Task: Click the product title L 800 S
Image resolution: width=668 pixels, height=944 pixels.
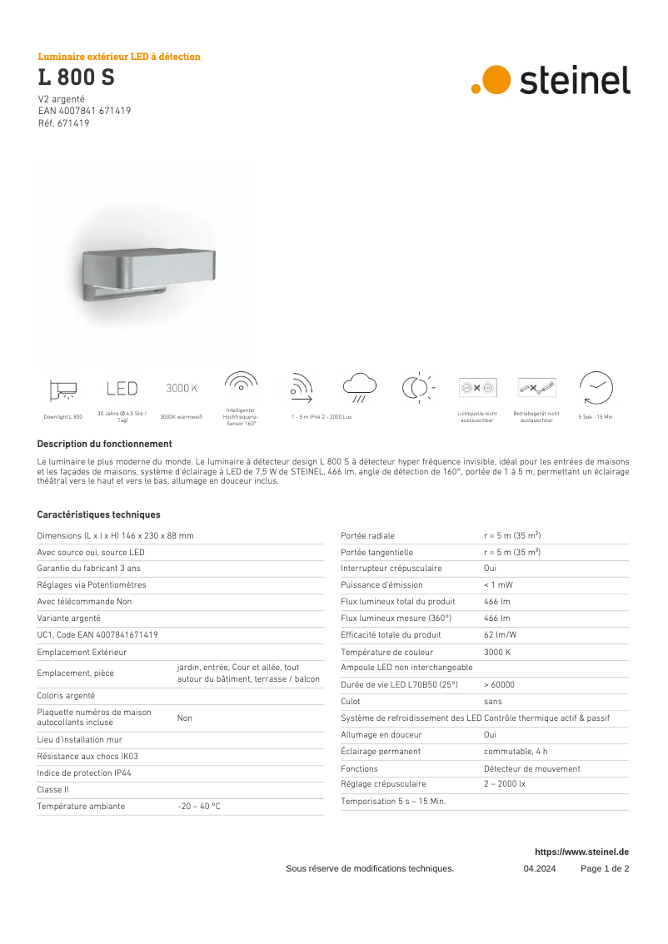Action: point(76,78)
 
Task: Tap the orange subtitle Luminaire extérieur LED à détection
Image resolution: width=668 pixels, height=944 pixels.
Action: point(119,57)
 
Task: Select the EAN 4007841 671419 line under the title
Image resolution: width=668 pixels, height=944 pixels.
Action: point(84,111)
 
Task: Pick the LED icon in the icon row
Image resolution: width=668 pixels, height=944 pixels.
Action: point(122,389)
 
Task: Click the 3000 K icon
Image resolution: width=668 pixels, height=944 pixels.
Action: point(182,389)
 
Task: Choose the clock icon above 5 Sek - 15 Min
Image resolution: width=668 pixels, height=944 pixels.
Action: point(596,388)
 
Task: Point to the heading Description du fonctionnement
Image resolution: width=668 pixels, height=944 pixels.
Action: point(104,445)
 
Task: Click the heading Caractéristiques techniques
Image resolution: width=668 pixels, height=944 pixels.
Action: point(98,515)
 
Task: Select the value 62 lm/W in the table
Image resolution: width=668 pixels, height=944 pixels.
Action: point(500,635)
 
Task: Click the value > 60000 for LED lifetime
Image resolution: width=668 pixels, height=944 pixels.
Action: point(499,685)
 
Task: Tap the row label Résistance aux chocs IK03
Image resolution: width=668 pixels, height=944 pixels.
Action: point(87,757)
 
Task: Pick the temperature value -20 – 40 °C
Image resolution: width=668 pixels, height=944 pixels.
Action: point(198,807)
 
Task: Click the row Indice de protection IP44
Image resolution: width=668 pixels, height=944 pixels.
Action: point(84,773)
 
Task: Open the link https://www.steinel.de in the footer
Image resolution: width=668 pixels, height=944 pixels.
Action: point(581,852)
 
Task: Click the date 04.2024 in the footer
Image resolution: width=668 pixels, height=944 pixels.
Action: point(540,869)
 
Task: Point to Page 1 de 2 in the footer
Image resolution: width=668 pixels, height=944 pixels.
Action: point(605,869)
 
